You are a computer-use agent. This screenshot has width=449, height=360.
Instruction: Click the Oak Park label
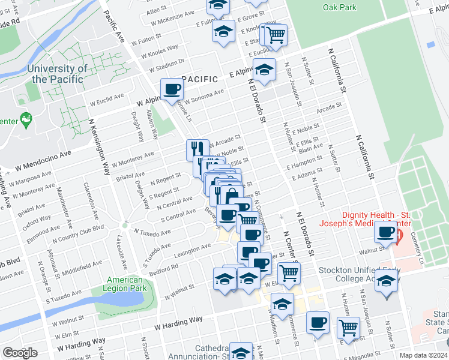(x=339, y=7)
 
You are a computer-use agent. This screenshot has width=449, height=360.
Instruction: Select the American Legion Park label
(x=125, y=284)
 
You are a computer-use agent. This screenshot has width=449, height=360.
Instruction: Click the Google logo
(x=20, y=353)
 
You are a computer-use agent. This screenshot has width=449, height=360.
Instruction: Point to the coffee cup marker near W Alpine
(x=172, y=89)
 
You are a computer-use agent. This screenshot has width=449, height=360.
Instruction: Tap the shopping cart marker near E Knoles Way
(x=276, y=34)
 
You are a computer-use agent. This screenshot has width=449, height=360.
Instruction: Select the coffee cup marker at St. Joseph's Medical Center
(x=385, y=231)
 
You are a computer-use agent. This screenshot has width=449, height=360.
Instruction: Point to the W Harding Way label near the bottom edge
(x=178, y=324)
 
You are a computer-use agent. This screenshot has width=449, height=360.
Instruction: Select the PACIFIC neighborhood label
(x=199, y=79)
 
